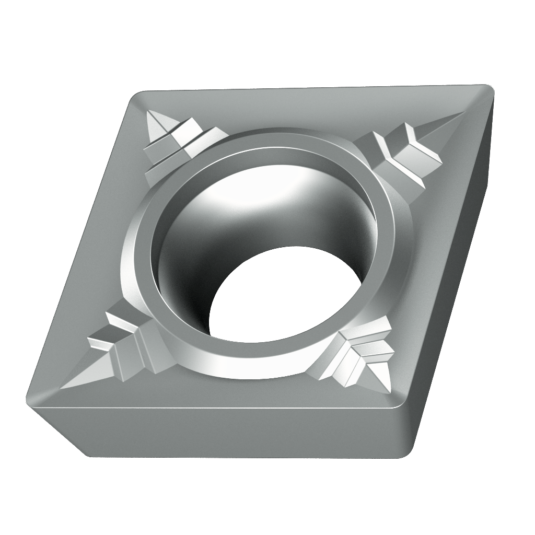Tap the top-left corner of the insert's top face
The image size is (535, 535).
pos(137,97)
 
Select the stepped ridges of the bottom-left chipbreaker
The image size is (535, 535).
pos(123,345)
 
